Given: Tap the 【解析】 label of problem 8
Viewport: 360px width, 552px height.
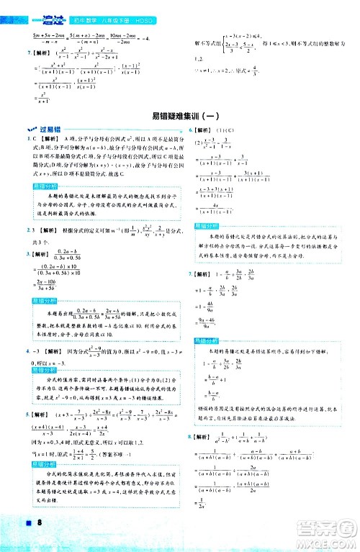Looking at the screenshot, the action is click(206, 437).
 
